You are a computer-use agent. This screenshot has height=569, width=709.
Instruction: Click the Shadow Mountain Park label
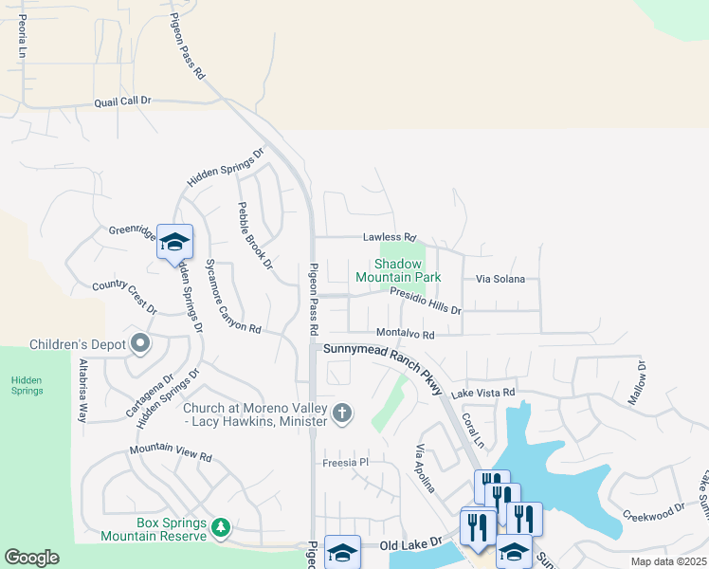point(398,270)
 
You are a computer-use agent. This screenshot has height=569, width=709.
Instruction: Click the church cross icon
point(342,412)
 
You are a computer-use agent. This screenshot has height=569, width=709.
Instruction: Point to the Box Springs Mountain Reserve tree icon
point(221,525)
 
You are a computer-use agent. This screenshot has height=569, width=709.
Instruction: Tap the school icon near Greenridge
point(174,242)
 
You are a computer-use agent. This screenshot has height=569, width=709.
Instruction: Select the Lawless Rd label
point(390,237)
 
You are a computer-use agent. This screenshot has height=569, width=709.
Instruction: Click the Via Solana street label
point(500,280)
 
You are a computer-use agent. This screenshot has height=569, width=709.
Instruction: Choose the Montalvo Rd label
point(405,334)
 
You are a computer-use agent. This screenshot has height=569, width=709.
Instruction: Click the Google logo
point(31,558)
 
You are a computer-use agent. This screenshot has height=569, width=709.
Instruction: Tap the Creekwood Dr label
point(653,514)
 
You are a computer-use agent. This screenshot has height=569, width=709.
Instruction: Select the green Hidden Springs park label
point(27,384)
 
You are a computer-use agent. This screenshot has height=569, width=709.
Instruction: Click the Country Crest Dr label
point(123,296)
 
